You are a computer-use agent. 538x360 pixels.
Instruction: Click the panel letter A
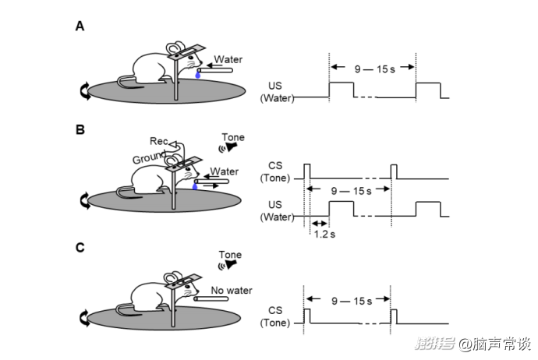point(80,26)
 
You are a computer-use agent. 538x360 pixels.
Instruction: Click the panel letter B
point(80,130)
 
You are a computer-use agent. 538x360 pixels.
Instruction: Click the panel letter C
point(80,248)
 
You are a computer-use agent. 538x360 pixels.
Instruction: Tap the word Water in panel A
point(228,59)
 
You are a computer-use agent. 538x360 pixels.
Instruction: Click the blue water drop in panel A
point(198,76)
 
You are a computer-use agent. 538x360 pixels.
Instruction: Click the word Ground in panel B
point(149,158)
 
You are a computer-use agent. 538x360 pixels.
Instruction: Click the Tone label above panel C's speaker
point(230,254)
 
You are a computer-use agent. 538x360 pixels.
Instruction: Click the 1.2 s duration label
point(324,233)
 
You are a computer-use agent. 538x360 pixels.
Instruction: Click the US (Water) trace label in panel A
point(277,92)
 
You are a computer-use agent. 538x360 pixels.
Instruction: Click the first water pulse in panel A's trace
point(342,88)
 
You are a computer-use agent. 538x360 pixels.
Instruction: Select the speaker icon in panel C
point(226,265)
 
